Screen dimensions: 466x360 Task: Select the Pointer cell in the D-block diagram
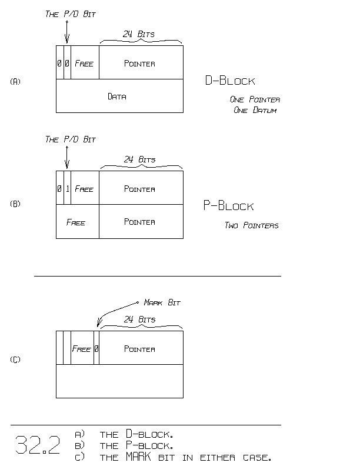[x=140, y=63]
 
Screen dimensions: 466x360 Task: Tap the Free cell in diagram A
[x=84, y=63]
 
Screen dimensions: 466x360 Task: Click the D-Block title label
[x=229, y=81]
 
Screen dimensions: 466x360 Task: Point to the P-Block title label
[x=228, y=206]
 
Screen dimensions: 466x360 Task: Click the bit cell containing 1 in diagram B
[x=67, y=189]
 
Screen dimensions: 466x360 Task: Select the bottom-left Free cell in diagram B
[x=76, y=222]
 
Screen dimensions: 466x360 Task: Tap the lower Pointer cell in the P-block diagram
[x=140, y=222]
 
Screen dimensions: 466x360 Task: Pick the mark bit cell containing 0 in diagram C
[x=96, y=349]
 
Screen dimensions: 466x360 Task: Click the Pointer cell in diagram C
[x=140, y=349]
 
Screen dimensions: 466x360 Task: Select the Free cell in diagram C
[x=82, y=349]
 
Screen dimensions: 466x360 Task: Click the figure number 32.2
[x=37, y=445]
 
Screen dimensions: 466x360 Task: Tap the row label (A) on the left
[x=15, y=82]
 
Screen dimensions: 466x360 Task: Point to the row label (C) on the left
[x=15, y=360]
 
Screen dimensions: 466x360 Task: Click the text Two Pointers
[x=251, y=225]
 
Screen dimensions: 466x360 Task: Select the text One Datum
[x=254, y=111]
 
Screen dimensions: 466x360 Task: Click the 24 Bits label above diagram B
[x=140, y=159]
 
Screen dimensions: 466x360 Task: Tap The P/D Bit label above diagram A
[x=71, y=14]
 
